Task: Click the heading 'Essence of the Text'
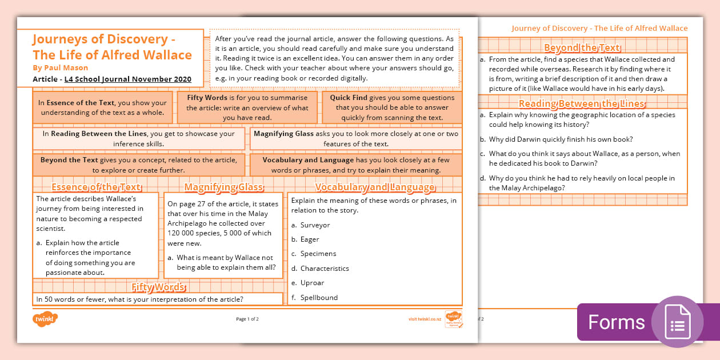click(x=96, y=187)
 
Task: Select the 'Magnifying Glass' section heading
click(x=223, y=187)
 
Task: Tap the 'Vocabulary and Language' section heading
click(x=375, y=187)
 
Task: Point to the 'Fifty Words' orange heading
click(x=158, y=287)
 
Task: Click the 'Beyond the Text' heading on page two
click(x=582, y=48)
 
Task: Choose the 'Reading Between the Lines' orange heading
click(x=582, y=103)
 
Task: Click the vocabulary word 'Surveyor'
click(x=315, y=225)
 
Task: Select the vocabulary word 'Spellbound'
click(x=319, y=298)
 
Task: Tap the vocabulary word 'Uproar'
click(x=312, y=283)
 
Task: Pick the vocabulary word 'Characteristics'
click(x=325, y=269)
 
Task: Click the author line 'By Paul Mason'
click(x=60, y=67)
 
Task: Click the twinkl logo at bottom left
click(x=45, y=318)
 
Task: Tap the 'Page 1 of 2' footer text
click(x=247, y=319)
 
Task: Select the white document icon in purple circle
click(x=677, y=322)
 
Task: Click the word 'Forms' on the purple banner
click(x=616, y=322)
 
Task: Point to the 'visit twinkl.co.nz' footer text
click(x=426, y=319)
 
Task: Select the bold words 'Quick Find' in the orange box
click(x=349, y=98)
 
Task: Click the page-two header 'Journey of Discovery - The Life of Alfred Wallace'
click(x=599, y=28)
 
